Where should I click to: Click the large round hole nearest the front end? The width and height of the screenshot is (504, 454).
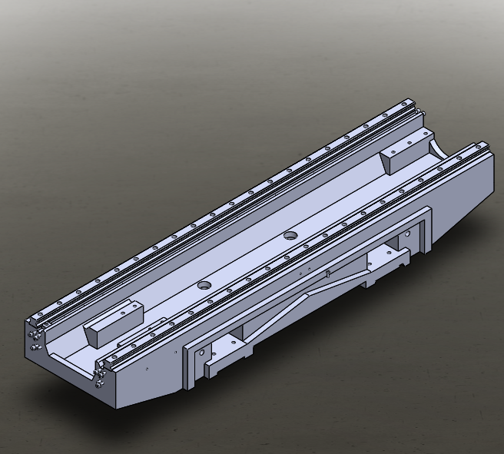(x=204, y=284)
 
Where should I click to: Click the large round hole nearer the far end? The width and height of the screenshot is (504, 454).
(x=290, y=235)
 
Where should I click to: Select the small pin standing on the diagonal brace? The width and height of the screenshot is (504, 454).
(x=328, y=272)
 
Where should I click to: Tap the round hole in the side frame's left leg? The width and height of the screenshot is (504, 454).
(x=201, y=353)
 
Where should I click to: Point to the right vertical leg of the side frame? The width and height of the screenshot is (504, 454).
(x=423, y=230)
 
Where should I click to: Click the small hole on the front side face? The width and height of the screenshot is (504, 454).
(x=147, y=369)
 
